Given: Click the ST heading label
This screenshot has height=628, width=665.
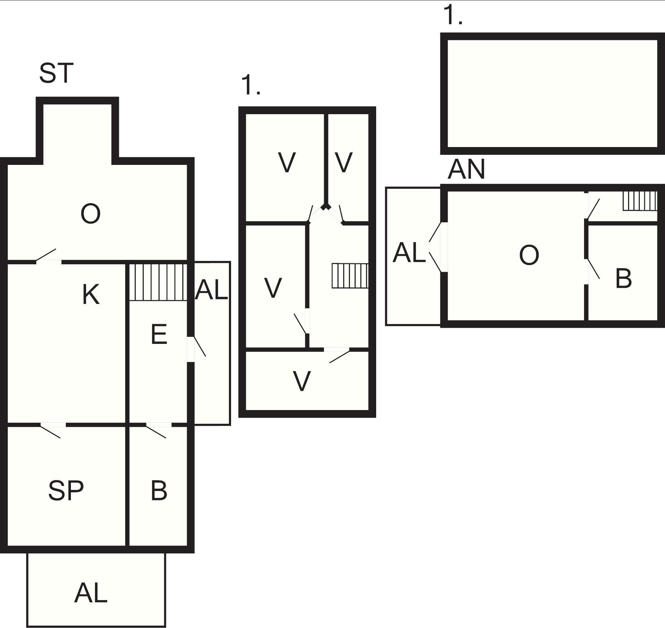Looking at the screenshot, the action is [56, 73].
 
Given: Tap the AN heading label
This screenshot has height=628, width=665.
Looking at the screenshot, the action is [466, 169].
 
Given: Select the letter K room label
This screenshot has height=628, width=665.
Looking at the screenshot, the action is [91, 294].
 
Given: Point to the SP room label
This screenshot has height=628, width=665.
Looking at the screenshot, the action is [66, 490].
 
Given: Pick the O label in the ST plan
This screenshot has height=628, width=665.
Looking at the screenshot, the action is [91, 214].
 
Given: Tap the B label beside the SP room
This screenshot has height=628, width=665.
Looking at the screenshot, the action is [159, 490].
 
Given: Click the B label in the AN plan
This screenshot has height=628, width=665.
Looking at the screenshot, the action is [623, 278].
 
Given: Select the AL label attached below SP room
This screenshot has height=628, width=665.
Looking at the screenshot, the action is [91, 593].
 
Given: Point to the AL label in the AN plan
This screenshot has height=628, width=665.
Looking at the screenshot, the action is [409, 253].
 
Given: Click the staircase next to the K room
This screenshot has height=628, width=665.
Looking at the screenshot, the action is [158, 282].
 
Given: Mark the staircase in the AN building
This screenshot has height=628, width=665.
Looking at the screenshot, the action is [640, 201].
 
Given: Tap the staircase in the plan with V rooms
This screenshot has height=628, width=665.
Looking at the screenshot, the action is [350, 276].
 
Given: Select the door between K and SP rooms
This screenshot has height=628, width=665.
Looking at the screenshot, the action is [53, 430].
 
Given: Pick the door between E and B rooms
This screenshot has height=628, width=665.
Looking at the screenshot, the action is [159, 430].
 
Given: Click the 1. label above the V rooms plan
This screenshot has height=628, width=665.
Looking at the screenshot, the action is [251, 85].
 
